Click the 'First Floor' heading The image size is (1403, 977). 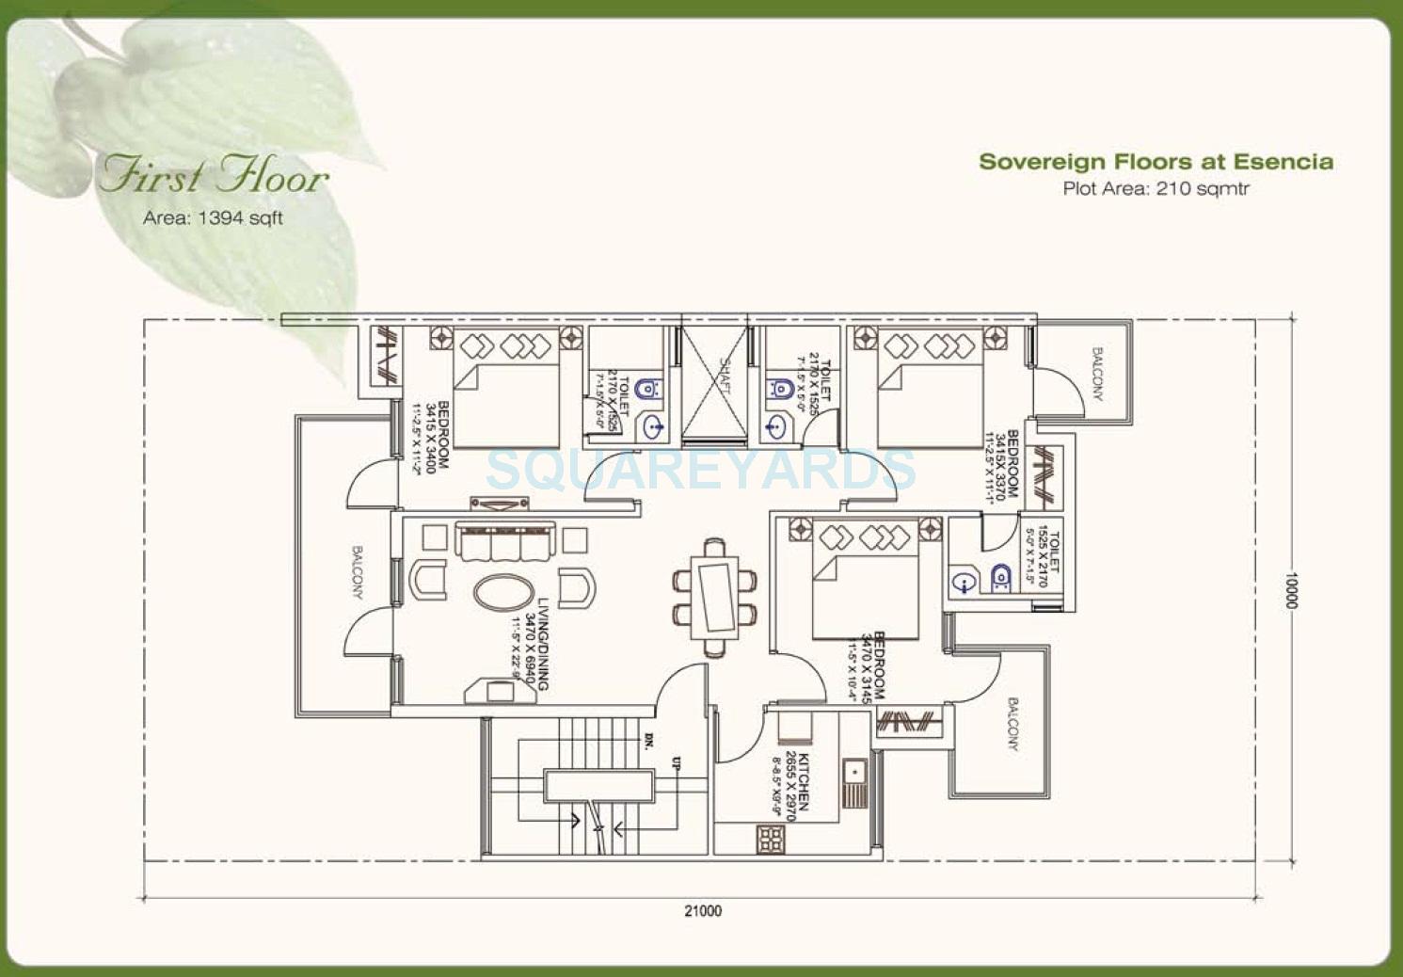pyautogui.click(x=215, y=175)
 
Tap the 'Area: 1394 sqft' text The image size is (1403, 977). pyautogui.click(x=213, y=217)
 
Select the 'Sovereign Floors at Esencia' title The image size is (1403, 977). pyautogui.click(x=1156, y=162)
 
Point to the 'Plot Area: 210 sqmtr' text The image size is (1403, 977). pyautogui.click(x=1156, y=188)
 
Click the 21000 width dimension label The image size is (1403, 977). pyautogui.click(x=703, y=910)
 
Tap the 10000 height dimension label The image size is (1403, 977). pyautogui.click(x=1291, y=590)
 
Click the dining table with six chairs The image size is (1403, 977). pyautogui.click(x=714, y=598)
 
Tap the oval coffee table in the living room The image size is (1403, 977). pyautogui.click(x=504, y=593)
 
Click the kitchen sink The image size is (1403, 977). pyautogui.click(x=854, y=783)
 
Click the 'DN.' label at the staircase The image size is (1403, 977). pyautogui.click(x=648, y=741)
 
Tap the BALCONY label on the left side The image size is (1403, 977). pyautogui.click(x=358, y=571)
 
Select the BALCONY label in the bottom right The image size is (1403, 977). pyautogui.click(x=1012, y=724)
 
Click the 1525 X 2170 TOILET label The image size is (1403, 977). pyautogui.click(x=1047, y=558)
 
